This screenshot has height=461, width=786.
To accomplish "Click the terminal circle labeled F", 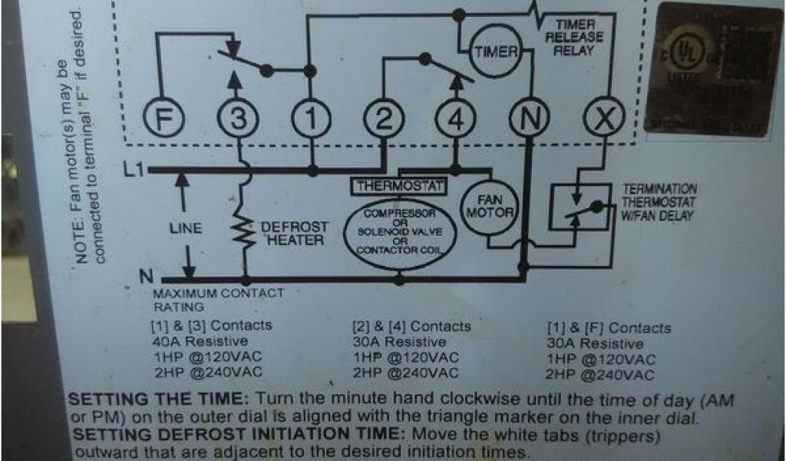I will tap(161, 120).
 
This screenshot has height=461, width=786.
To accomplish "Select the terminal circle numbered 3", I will tap(239, 120).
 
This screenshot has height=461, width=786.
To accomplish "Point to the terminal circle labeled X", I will tap(603, 120).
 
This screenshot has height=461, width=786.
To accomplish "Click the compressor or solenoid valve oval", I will tap(399, 232).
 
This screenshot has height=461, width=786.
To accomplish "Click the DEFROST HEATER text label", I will tap(295, 234).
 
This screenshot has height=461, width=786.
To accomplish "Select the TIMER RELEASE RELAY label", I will tap(574, 38).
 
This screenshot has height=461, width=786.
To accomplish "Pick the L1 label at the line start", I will tap(133, 169).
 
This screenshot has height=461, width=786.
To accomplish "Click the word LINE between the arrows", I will tap(185, 228).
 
